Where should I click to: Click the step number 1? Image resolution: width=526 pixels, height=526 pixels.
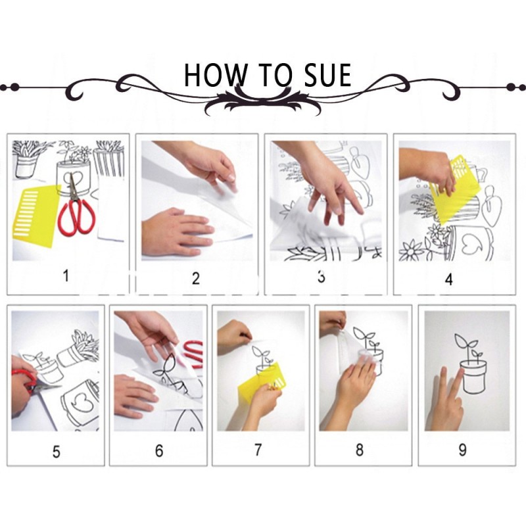tap(66, 275)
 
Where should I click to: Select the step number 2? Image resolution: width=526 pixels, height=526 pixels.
tap(196, 278)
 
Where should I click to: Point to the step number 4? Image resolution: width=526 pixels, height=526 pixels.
tap(449, 279)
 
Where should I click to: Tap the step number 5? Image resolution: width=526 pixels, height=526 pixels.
tap(56, 452)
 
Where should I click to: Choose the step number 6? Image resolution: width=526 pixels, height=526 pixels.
tap(159, 450)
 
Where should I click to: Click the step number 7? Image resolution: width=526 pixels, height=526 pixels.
tap(258, 450)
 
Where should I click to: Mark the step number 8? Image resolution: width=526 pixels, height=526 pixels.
tap(359, 450)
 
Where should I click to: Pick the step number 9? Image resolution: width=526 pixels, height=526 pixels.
tap(462, 450)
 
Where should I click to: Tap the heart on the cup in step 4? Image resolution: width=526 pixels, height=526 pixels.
tap(472, 246)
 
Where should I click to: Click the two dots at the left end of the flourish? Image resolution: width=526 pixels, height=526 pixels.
tap(9, 87)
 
